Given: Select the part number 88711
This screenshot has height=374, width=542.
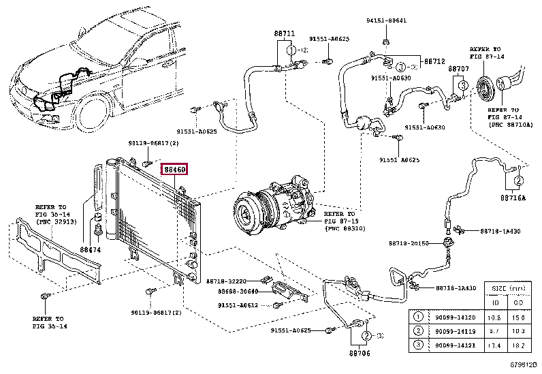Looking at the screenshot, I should pos(285,33).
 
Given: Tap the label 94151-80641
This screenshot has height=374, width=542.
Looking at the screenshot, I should pos(385,20).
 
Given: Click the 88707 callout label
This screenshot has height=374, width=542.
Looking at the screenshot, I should pos(458,69).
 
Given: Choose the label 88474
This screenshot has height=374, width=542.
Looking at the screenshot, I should pos(91,250).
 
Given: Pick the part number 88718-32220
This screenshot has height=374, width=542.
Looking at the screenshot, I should pos(227,281).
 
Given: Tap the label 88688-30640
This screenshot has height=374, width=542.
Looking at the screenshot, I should pos(237,292).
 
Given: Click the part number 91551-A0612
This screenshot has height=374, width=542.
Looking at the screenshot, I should pos(238,305).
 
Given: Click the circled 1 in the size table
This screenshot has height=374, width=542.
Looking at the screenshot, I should pos(419,317).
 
